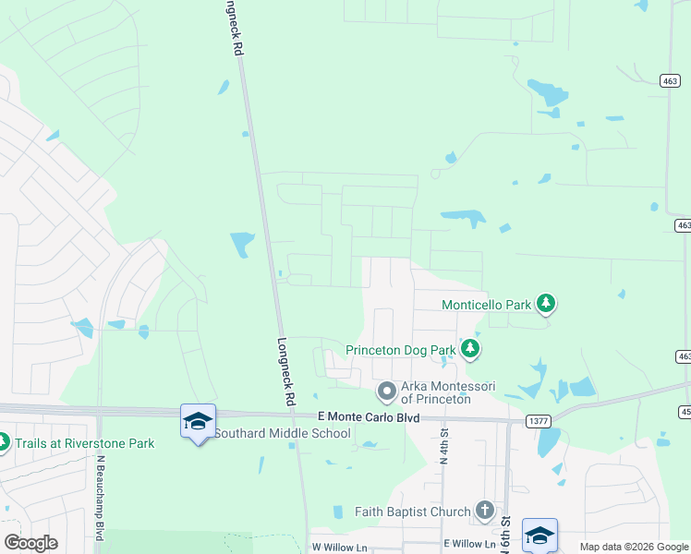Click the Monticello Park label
click(486, 304)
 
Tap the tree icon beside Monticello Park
click(546, 303)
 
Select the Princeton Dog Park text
click(401, 350)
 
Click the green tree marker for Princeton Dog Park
click(471, 349)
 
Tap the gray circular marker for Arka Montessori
click(385, 391)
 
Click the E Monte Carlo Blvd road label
click(368, 418)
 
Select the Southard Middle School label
click(283, 432)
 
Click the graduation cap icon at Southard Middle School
click(198, 421)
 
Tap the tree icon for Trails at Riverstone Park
click(3, 443)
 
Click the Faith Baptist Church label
click(413, 511)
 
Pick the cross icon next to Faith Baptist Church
click(484, 510)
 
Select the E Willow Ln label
click(469, 544)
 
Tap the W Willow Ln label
click(339, 547)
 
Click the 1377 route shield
click(539, 421)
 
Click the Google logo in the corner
click(30, 542)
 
